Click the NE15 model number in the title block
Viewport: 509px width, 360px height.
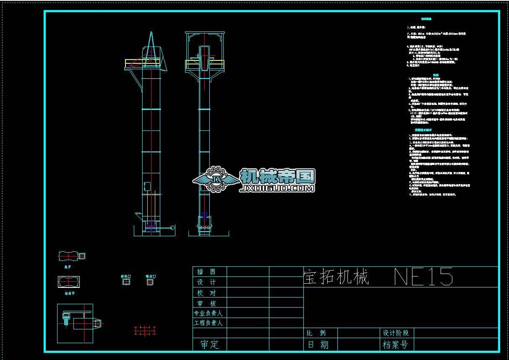[x=424, y=277]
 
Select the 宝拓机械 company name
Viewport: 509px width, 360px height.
[x=336, y=278]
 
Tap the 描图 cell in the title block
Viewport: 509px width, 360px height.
[x=206, y=272]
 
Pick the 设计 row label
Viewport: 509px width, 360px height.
[x=206, y=282]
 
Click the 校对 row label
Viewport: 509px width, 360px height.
[x=206, y=293]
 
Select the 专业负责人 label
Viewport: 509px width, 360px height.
[x=208, y=313]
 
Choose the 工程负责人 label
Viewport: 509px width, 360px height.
[x=208, y=323]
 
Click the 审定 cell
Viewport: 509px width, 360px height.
[x=209, y=344]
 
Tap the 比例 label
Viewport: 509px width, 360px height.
[x=316, y=333]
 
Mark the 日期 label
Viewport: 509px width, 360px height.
[x=318, y=344]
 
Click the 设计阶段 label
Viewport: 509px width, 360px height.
[x=396, y=333]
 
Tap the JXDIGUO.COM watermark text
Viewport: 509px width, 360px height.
[x=277, y=189]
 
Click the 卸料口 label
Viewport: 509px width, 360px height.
[x=126, y=277]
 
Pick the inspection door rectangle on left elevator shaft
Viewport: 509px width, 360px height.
[x=147, y=185]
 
